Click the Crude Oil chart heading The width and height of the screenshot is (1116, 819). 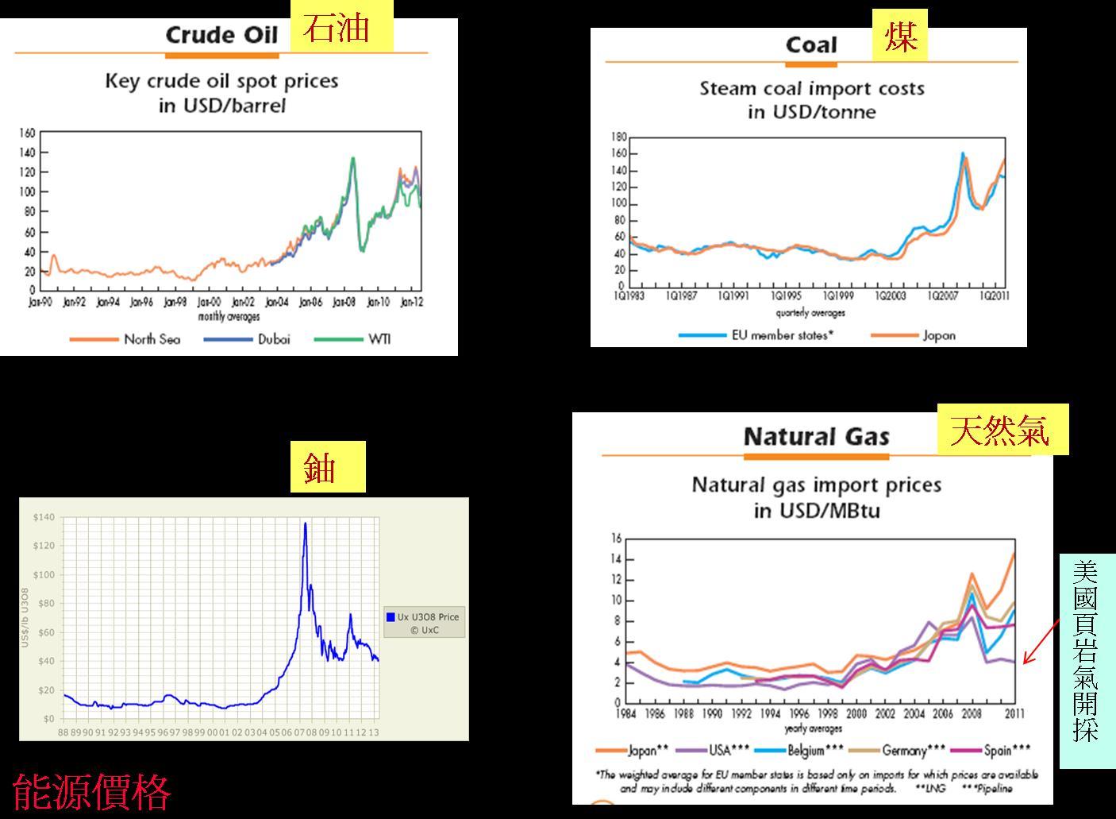pos(221,35)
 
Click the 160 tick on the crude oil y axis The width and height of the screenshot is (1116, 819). pos(27,133)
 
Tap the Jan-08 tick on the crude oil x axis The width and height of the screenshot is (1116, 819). pos(344,303)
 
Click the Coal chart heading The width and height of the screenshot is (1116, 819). pos(811,45)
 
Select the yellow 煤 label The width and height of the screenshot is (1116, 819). pos(899,36)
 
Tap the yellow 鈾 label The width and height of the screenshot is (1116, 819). pos(326,467)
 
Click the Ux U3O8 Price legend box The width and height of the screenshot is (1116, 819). pos(424,623)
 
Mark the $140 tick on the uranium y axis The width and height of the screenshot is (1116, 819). pos(44,518)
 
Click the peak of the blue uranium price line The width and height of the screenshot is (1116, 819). pos(306,523)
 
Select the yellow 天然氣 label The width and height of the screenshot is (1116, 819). pos(1002,430)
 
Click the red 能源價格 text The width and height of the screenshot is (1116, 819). pos(92,791)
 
